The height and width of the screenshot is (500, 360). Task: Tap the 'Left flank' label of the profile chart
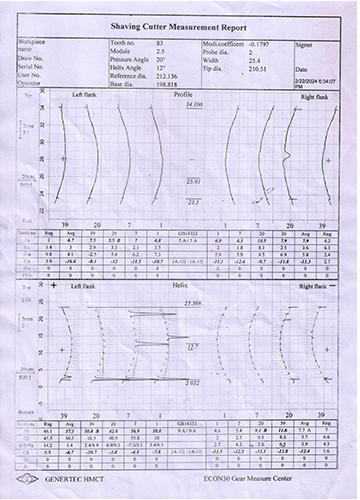coord(84,95)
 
